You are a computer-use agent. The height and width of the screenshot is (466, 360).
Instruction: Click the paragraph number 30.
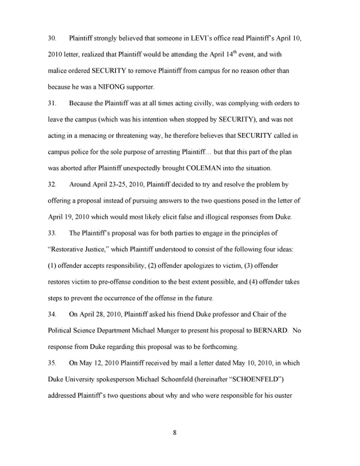point(51,39)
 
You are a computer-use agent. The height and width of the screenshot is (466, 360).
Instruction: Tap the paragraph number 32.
point(51,185)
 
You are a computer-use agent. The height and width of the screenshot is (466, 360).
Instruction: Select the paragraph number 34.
point(51,314)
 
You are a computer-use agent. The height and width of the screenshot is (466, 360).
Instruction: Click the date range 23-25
point(119,185)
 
